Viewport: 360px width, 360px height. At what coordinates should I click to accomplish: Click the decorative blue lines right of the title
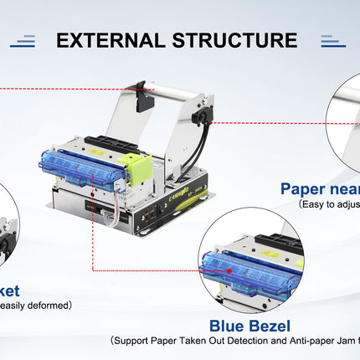332,40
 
